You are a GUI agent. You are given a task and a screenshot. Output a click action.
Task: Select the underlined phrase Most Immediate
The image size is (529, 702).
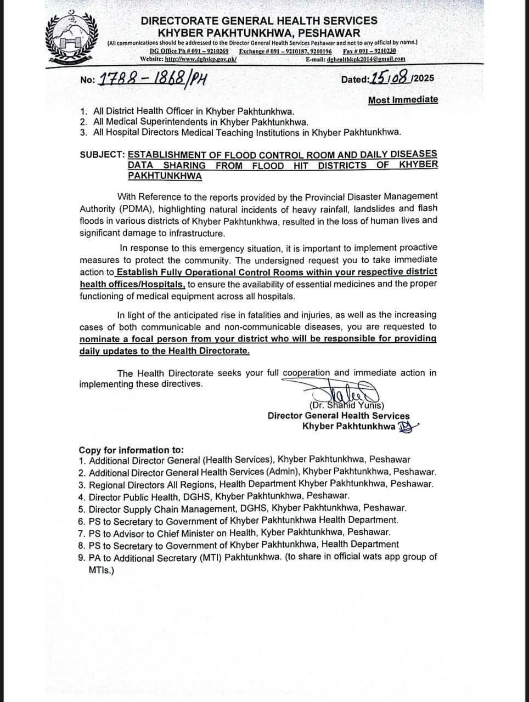click(403, 99)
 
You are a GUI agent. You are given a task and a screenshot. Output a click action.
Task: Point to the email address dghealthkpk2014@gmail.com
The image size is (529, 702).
click(365, 59)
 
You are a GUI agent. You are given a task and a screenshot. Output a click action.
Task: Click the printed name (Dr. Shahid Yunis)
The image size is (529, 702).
click(347, 405)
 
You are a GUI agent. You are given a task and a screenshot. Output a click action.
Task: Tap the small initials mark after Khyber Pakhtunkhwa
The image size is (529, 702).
click(407, 427)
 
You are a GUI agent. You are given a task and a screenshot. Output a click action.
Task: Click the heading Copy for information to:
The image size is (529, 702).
click(131, 450)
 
